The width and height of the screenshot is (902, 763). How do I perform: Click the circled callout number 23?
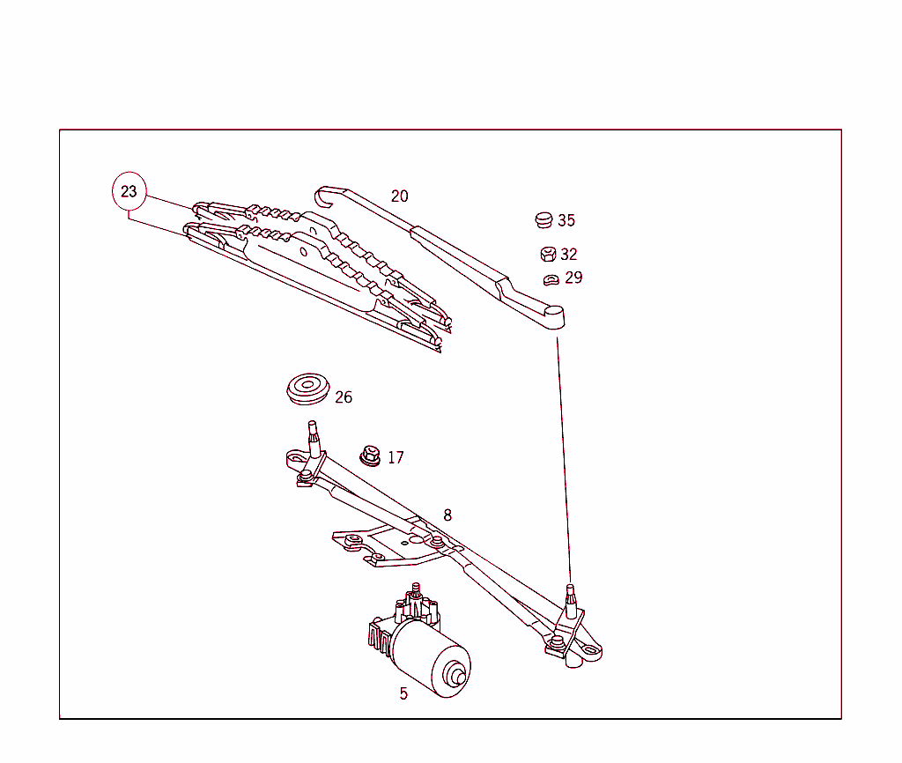[x=129, y=191]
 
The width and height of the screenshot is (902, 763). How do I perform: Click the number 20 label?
[x=400, y=196]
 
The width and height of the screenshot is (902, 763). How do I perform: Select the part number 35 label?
[x=566, y=221]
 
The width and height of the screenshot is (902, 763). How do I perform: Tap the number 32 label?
[x=569, y=255]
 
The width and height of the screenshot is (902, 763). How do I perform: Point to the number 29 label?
[x=573, y=278]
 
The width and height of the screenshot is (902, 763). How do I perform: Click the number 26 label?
[x=344, y=397]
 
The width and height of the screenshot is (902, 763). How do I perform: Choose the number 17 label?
[x=396, y=458]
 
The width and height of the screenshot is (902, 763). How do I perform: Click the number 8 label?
[x=447, y=515]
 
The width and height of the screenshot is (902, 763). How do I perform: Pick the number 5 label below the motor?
[x=403, y=693]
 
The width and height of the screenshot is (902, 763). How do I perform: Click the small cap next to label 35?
[x=543, y=219]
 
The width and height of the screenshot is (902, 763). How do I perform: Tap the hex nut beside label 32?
[x=547, y=254]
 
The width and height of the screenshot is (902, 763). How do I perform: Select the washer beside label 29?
[x=551, y=280]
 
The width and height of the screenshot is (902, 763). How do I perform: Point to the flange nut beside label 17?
[x=368, y=456]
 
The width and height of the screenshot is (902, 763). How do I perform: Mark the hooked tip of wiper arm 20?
[x=324, y=195]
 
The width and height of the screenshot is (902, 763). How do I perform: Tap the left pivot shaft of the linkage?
[x=313, y=438]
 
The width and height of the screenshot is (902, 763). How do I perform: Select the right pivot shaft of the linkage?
[x=571, y=598]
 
